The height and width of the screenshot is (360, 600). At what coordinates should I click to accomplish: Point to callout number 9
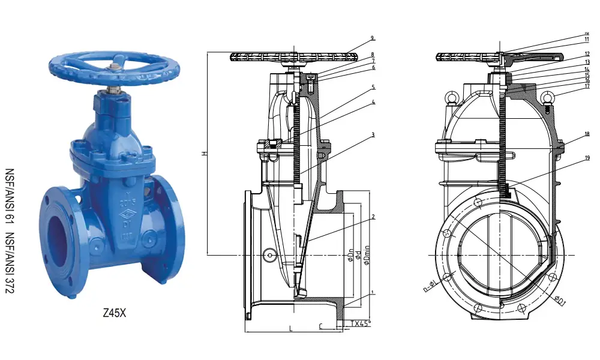point(372,38)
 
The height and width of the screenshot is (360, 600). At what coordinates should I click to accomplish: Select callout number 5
point(372,87)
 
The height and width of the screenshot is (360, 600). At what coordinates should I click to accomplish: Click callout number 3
point(372,135)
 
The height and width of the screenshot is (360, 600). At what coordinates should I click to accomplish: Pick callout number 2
point(373,217)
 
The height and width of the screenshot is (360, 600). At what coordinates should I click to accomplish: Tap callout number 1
point(373,293)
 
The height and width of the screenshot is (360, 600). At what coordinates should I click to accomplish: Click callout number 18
point(587,135)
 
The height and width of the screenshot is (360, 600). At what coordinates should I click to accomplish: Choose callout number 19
point(587,158)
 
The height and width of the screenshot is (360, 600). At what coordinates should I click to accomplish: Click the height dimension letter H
point(204,154)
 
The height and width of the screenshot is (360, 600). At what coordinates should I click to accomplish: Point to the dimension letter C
point(321,326)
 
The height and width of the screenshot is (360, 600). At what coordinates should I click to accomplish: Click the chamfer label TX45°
point(361,323)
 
